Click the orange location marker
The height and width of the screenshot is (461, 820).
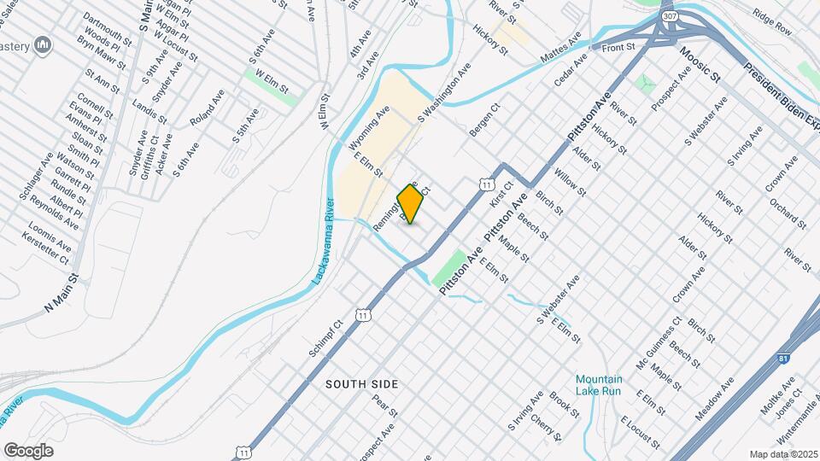[x=411, y=203]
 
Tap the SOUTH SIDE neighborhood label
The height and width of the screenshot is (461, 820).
[x=362, y=385]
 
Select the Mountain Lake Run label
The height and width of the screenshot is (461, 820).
[x=598, y=385]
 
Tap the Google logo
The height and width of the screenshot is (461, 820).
[x=28, y=450]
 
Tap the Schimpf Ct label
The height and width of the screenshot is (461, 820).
[x=325, y=339]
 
